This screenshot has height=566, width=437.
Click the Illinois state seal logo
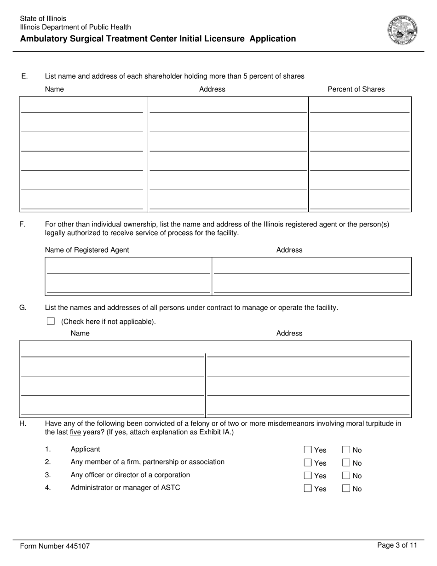(x=402, y=29)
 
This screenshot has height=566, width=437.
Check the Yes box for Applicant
(x=308, y=450)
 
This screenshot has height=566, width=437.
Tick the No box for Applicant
(x=346, y=450)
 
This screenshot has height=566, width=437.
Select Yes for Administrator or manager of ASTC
(x=308, y=489)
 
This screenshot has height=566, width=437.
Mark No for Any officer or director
(x=346, y=476)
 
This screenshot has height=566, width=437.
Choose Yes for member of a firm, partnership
(x=308, y=463)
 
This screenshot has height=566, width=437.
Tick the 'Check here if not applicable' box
(x=51, y=321)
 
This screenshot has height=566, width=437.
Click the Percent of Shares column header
(x=356, y=89)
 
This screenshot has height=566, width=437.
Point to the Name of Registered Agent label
(x=87, y=250)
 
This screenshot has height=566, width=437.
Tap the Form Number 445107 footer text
(x=55, y=546)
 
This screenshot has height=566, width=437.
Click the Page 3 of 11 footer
(x=397, y=545)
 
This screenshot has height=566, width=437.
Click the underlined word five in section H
(x=75, y=433)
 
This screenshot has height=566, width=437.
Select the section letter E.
(x=24, y=76)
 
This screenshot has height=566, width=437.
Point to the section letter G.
(x=23, y=307)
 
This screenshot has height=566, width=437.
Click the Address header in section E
(x=212, y=89)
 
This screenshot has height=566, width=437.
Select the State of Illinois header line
(x=43, y=19)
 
